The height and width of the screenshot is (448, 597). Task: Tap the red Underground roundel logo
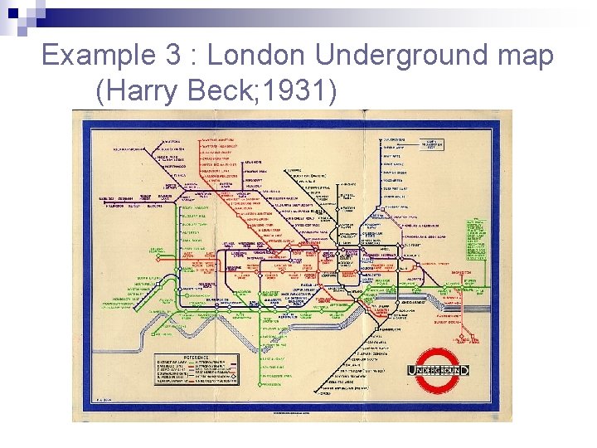(440, 368)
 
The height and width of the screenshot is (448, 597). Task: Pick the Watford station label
(156, 141)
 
